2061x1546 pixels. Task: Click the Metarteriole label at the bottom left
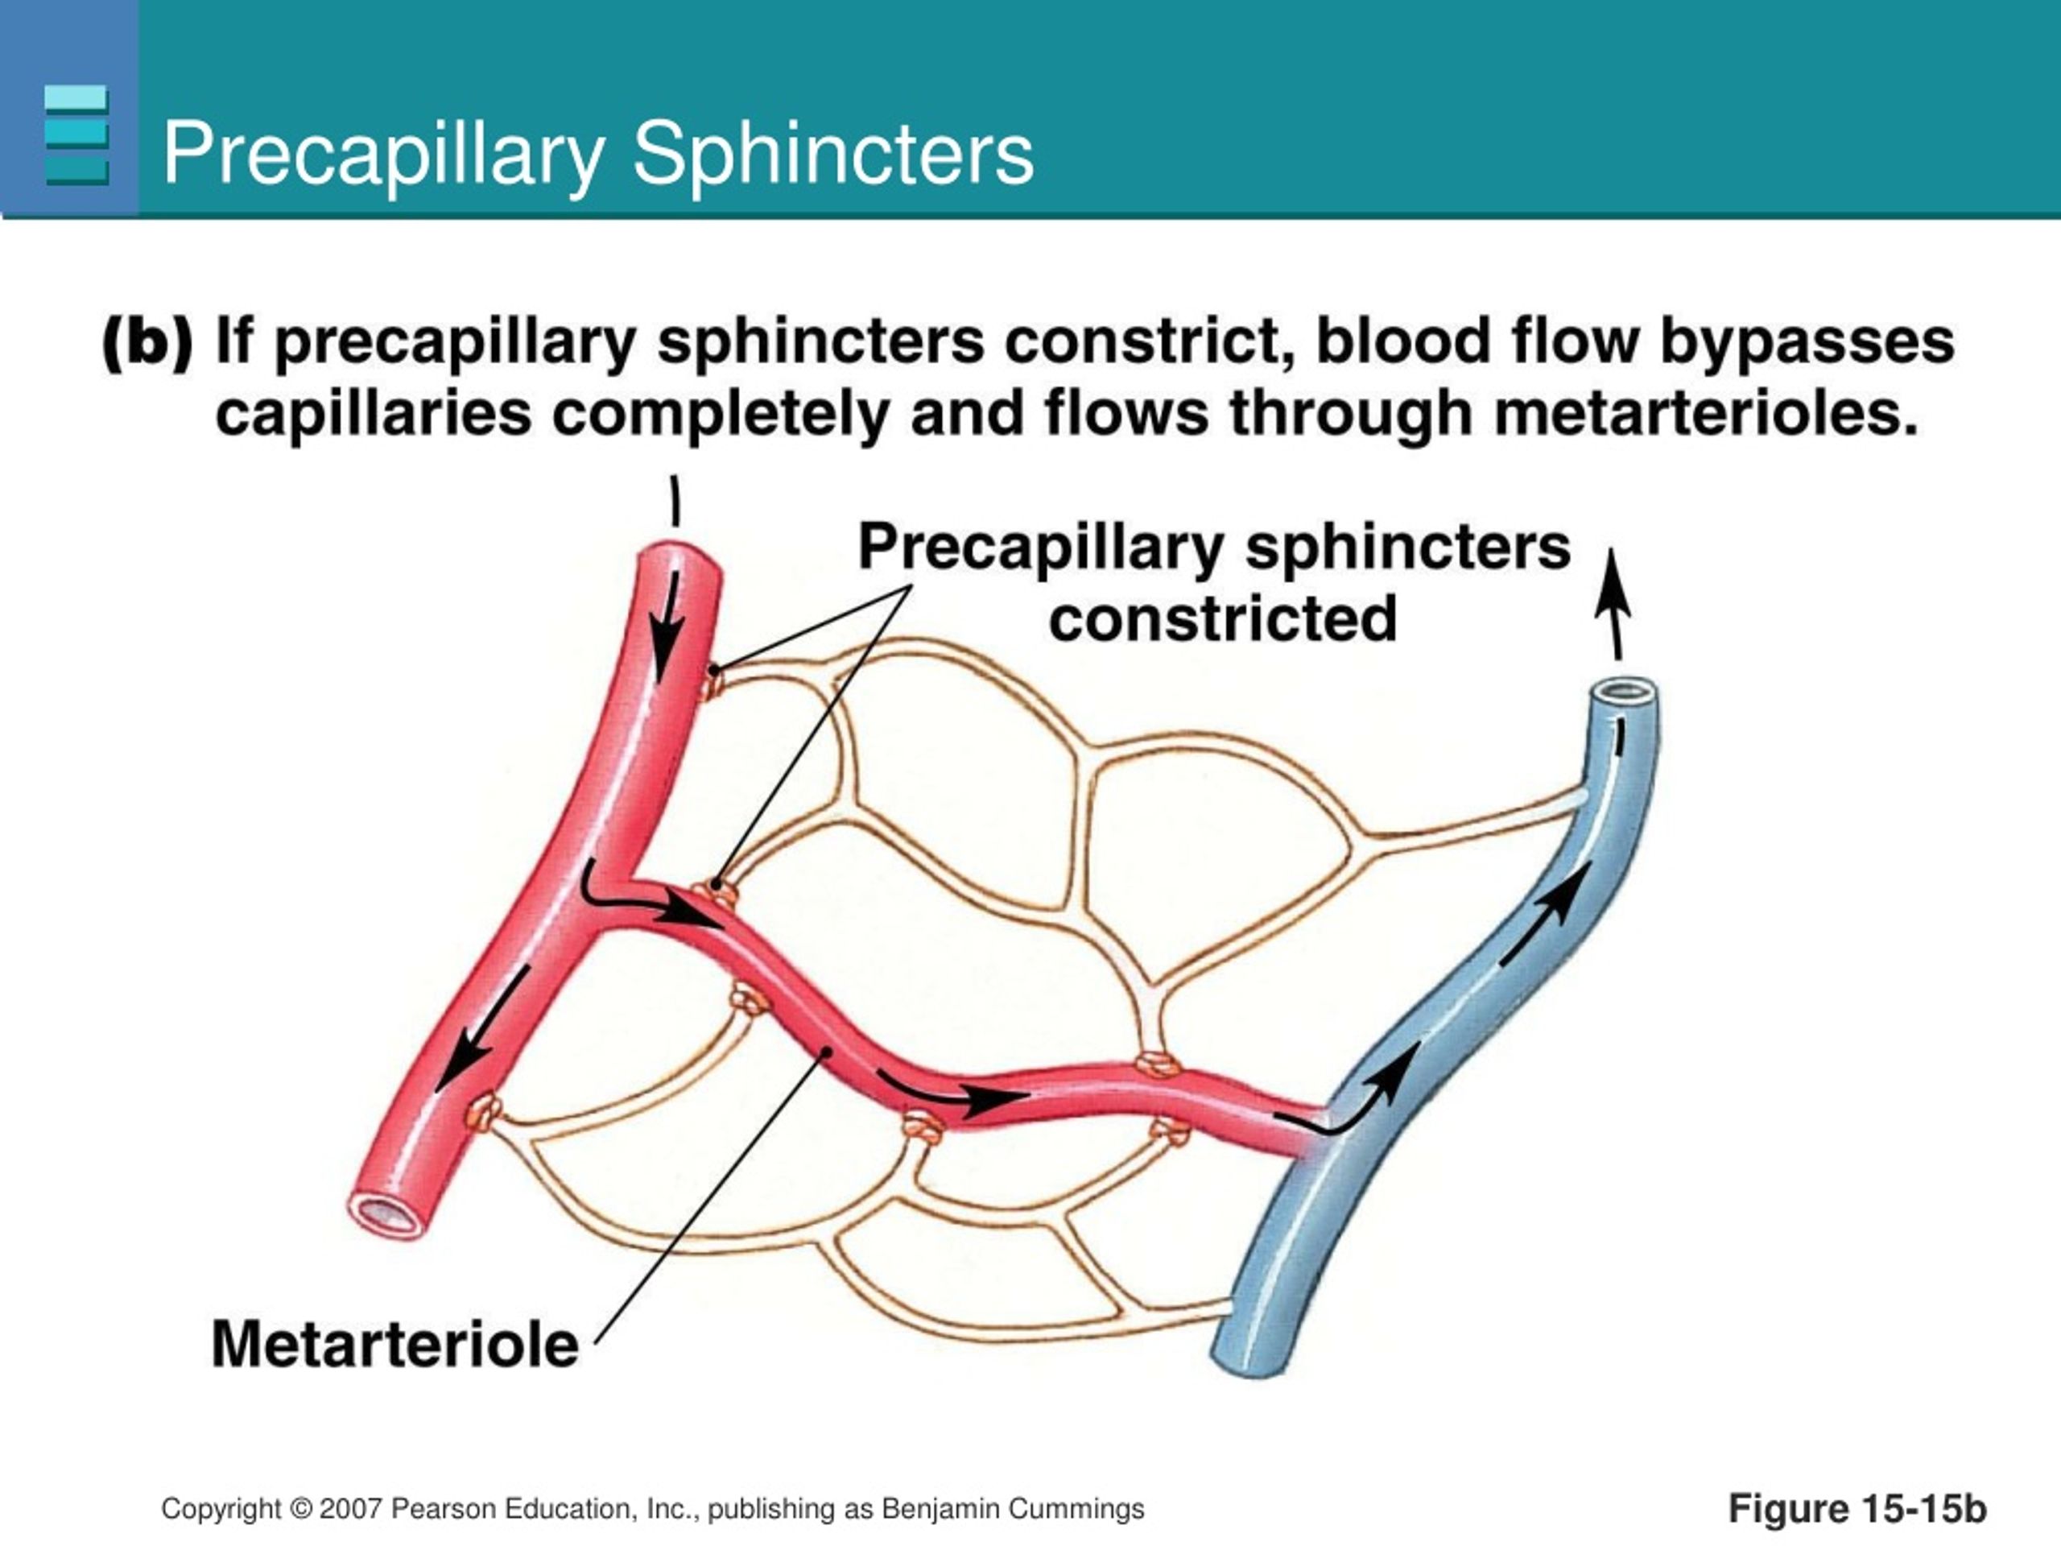pos(395,1345)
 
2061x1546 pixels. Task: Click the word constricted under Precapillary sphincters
pos(1222,618)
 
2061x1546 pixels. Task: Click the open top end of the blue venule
pos(1622,692)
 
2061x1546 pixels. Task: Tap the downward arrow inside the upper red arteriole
pos(666,627)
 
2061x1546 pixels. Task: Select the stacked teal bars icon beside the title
pos(76,135)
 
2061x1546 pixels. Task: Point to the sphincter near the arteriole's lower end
pos(484,1112)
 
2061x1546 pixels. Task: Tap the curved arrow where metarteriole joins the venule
pos(1342,1114)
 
